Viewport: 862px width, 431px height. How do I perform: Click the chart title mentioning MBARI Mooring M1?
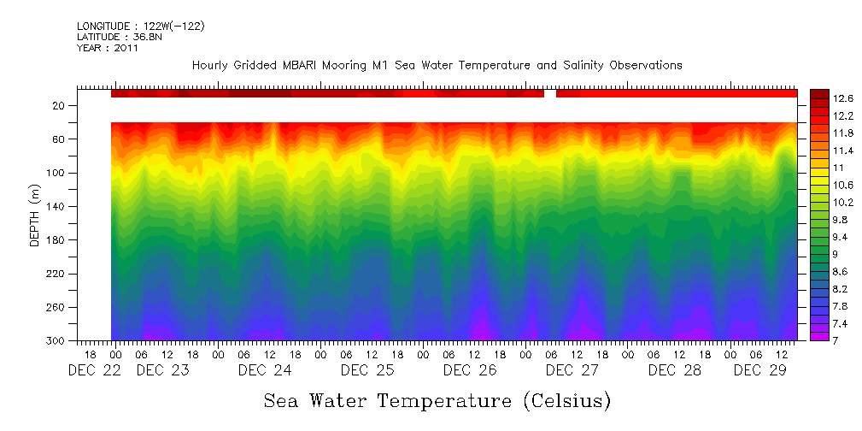[x=437, y=65]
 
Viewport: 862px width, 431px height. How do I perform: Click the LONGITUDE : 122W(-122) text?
[x=140, y=27]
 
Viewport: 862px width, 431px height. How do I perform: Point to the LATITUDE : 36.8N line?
[x=119, y=37]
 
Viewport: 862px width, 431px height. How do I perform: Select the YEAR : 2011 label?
[x=107, y=48]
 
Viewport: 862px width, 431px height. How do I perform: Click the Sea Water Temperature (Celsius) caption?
[x=437, y=400]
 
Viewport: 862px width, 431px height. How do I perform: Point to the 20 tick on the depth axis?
[x=60, y=106]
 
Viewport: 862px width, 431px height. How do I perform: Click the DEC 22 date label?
[x=94, y=370]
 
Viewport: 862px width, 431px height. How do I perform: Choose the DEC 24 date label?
[x=265, y=370]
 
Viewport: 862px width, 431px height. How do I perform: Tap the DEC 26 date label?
[x=470, y=370]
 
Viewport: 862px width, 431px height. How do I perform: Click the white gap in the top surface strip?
[x=550, y=93]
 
